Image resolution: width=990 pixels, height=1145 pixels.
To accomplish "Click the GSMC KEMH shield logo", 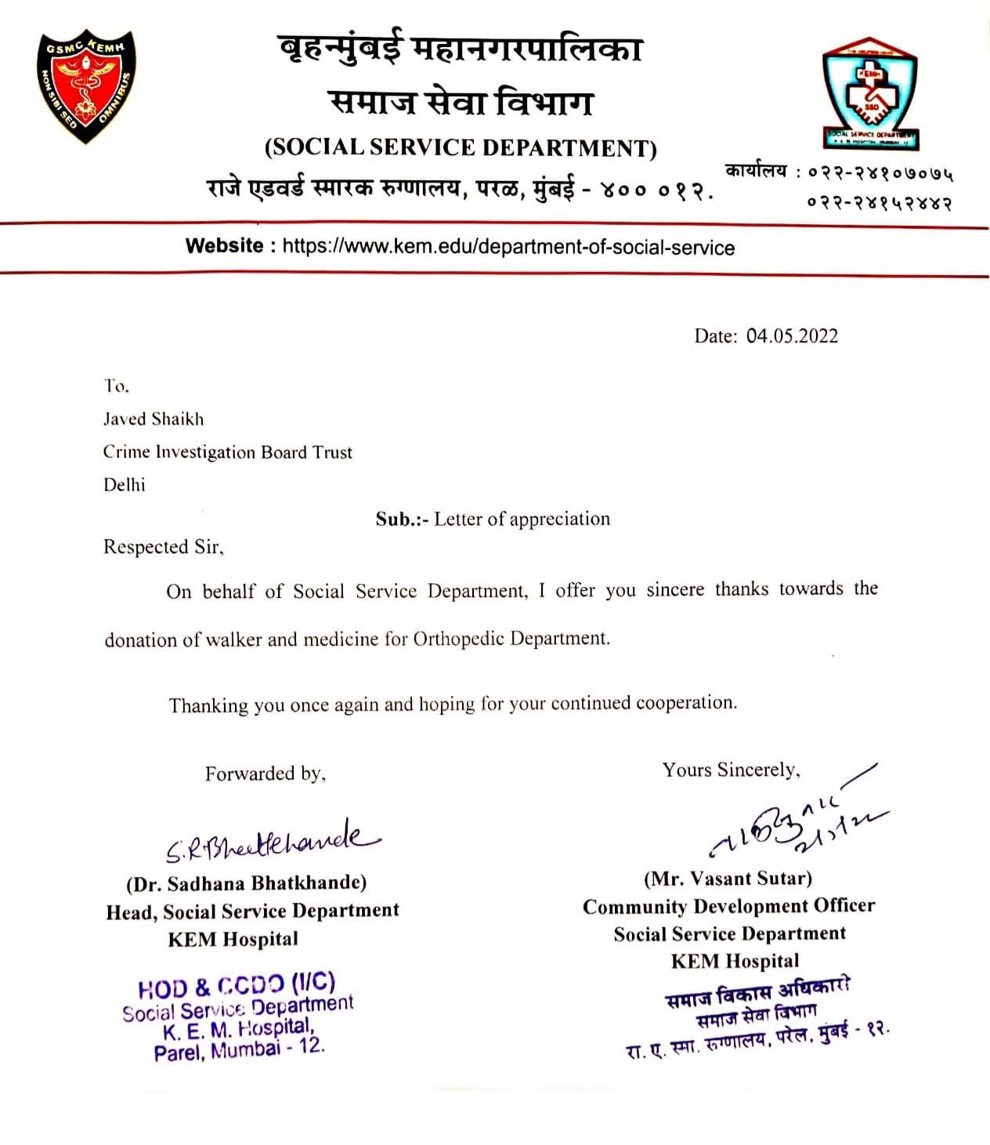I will tap(85, 86).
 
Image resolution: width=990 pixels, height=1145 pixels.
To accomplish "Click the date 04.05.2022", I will tap(792, 336).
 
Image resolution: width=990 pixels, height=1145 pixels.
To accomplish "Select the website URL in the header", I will tap(508, 248).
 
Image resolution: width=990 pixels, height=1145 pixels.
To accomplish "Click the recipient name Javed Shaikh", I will tap(154, 419).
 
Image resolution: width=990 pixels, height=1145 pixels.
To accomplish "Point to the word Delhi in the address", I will tap(125, 485).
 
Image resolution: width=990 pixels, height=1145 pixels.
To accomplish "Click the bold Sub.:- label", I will tap(402, 520).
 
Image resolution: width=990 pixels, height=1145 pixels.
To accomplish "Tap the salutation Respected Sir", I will tap(163, 547).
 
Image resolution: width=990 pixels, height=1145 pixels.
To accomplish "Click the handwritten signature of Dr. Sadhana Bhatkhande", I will tap(270, 843).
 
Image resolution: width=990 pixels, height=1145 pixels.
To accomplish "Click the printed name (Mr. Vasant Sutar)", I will tap(728, 879).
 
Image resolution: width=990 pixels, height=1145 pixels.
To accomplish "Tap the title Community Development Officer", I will tap(728, 907).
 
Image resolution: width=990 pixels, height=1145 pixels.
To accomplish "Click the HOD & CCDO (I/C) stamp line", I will tap(237, 985).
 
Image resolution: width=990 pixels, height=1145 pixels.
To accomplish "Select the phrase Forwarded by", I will tap(265, 774).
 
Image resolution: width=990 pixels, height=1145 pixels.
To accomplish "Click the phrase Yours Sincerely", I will tap(731, 770).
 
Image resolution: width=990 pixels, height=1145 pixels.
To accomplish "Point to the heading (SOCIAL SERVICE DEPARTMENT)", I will tap(461, 147).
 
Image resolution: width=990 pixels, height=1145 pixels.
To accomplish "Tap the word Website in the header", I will tap(225, 246).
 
